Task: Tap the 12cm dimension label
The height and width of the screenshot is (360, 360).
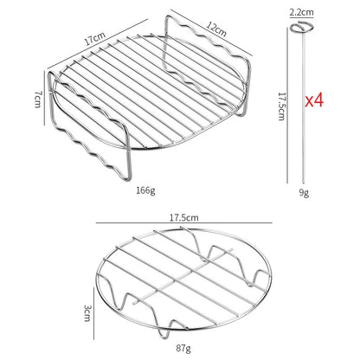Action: (x=216, y=29)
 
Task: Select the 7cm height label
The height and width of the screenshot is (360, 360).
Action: (x=38, y=100)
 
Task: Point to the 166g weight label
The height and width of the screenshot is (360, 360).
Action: (x=145, y=190)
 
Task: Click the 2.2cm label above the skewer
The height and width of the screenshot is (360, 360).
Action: (x=301, y=12)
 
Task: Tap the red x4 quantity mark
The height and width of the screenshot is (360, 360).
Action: (x=314, y=100)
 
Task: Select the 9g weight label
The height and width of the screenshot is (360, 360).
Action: (x=304, y=192)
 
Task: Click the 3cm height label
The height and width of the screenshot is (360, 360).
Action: (x=87, y=313)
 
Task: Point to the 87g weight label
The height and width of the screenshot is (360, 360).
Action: (x=183, y=348)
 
